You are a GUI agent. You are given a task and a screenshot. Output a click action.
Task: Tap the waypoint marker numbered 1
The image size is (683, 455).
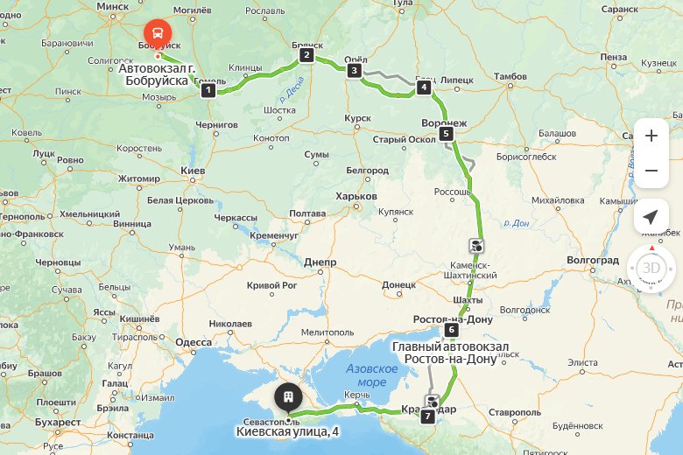208,90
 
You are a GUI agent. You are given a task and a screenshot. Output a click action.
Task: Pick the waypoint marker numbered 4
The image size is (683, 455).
424,87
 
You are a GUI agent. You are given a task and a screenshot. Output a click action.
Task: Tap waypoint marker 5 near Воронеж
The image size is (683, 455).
447,134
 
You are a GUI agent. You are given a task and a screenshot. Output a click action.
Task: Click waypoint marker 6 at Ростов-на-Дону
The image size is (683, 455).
451,330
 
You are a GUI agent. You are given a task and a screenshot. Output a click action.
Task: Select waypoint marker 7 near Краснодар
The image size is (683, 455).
427,416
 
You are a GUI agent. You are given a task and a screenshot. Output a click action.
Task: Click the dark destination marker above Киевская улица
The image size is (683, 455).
287,398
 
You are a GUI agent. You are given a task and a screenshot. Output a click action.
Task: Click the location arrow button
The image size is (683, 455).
650,217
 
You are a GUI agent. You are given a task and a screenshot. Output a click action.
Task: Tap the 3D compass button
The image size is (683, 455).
650,268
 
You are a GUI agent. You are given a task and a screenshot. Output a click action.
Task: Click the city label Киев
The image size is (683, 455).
192,170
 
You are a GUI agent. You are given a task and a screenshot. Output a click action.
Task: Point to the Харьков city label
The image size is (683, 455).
356,197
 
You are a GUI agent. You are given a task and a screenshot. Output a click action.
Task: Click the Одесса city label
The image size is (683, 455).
194,342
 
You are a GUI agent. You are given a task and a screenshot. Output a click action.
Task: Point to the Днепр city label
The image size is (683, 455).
320,262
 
